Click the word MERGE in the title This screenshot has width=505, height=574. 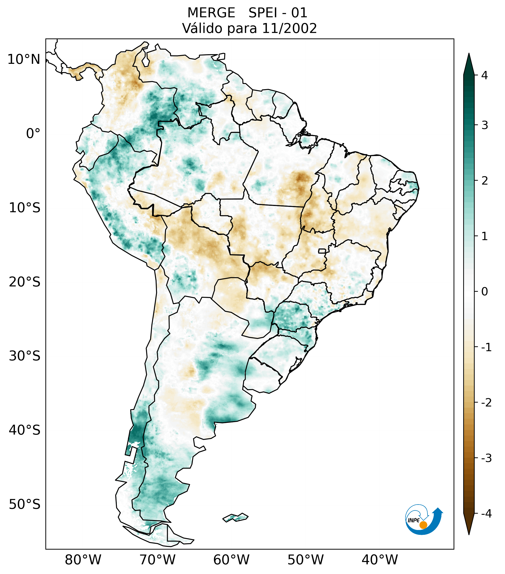(211, 13)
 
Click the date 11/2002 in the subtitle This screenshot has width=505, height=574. (289, 28)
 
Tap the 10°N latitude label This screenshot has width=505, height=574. (24, 59)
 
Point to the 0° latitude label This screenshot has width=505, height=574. (33, 134)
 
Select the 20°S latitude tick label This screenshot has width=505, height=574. (25, 282)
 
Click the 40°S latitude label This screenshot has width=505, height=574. (25, 430)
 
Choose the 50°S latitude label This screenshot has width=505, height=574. (25, 505)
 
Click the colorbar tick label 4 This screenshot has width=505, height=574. (484, 75)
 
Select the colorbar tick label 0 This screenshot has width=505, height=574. (484, 292)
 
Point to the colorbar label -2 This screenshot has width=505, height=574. (486, 403)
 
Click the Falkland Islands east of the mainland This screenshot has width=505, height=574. (235, 517)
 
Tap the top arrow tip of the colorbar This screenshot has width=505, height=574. (469, 54)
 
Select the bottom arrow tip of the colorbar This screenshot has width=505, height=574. (469, 534)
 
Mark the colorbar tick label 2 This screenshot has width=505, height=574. (484, 181)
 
